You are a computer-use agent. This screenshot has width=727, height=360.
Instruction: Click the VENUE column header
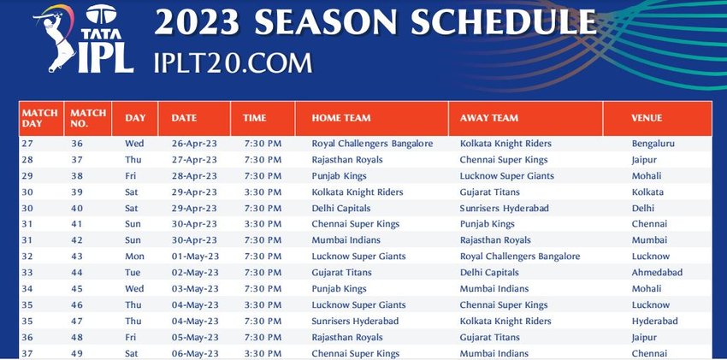[x=647, y=118]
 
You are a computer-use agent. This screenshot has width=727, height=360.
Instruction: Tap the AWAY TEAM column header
[x=488, y=118]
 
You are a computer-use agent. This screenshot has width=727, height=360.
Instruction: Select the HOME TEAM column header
[x=340, y=118]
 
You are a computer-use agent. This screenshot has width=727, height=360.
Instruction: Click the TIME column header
[x=255, y=118]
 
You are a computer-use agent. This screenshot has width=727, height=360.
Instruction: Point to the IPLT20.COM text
[x=233, y=63]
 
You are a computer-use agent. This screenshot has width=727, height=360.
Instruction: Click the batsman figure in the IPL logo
[x=56, y=39]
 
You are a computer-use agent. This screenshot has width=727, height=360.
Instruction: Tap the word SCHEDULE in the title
[x=503, y=21]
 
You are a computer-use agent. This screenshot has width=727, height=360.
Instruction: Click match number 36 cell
[x=77, y=144]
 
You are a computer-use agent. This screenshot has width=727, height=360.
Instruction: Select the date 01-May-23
[x=194, y=257]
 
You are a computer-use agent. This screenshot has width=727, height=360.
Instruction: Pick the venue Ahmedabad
[x=657, y=273]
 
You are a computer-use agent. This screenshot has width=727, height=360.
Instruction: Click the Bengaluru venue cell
[x=653, y=144]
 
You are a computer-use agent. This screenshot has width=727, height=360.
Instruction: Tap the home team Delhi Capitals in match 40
[x=340, y=209]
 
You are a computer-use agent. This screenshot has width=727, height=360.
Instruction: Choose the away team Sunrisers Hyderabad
[x=504, y=209]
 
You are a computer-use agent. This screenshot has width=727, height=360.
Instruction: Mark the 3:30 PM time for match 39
[x=263, y=192]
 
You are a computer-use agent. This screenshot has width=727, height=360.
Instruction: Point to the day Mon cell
[x=134, y=257]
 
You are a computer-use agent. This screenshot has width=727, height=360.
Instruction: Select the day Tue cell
[x=133, y=273]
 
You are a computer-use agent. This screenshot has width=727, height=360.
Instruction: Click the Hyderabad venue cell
[x=654, y=321]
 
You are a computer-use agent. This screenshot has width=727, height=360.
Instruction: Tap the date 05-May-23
[x=194, y=337]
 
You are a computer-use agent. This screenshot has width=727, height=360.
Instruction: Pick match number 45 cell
[x=77, y=289]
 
